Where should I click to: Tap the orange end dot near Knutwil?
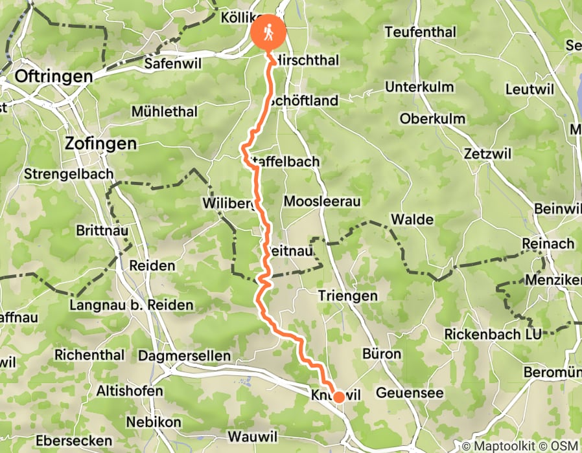338,397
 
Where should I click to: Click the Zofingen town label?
101,143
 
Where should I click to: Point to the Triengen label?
348,295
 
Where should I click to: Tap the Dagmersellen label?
184,355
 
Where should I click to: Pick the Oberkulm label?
432,118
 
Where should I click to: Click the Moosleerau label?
321,201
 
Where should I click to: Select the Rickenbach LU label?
492,334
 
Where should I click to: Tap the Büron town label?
382,354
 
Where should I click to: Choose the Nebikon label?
154,421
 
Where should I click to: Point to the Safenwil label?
170,63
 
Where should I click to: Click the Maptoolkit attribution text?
503,446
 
